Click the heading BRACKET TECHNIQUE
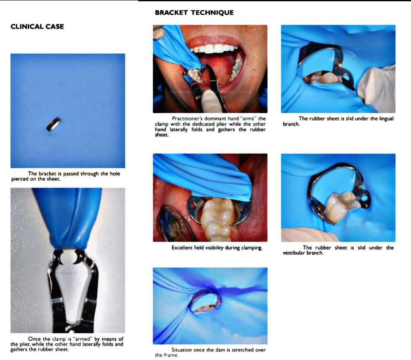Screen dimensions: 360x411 pos(194,13)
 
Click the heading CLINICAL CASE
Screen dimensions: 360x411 pos(37,27)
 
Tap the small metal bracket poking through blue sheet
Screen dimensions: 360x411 pos(54,124)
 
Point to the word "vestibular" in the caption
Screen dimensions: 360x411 pos(297,253)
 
